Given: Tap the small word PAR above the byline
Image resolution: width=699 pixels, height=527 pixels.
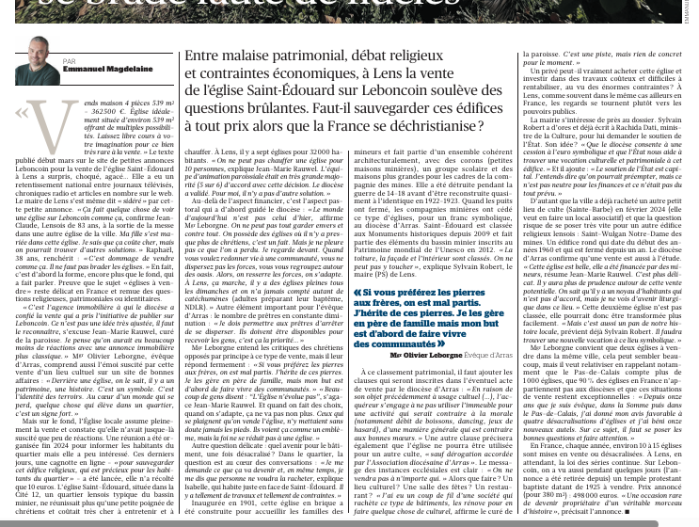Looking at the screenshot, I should coord(69,60).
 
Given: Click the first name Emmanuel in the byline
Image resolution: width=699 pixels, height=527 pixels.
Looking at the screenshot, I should coord(78,69).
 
